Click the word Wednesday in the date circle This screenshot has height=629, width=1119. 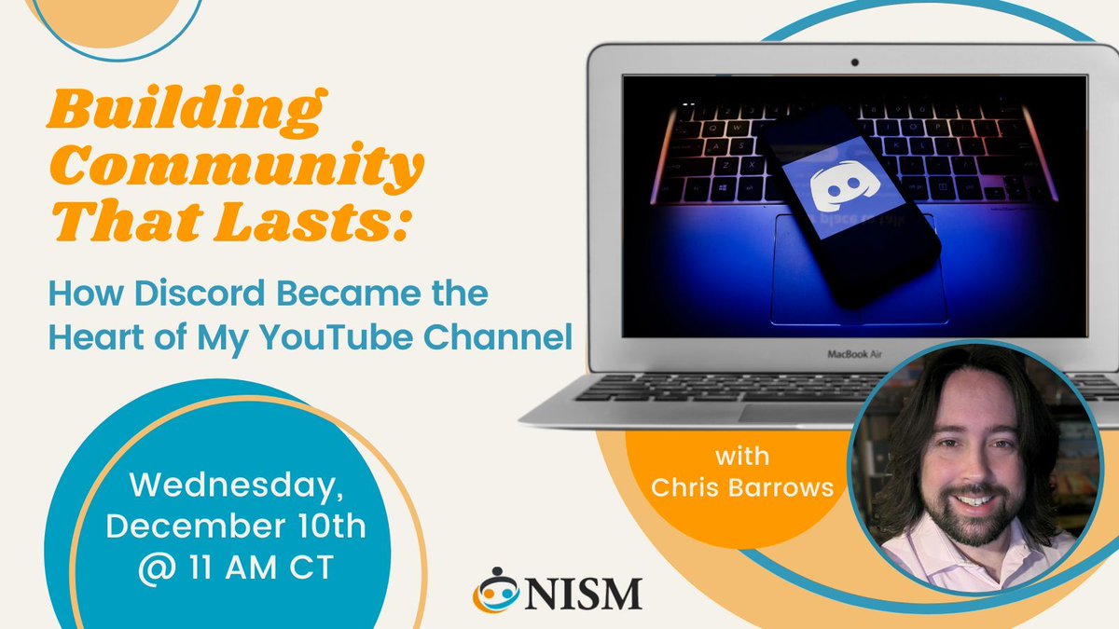(234, 485)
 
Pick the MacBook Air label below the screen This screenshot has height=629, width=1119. (855, 354)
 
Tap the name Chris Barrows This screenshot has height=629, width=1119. (743, 487)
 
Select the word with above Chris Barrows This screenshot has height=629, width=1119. (743, 458)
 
